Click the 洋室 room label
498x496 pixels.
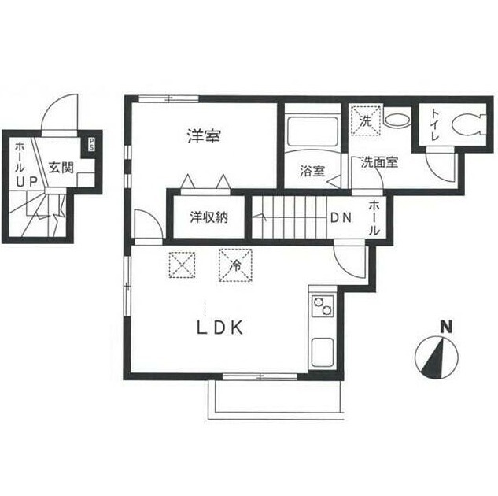point(203,137)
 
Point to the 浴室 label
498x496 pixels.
point(312,172)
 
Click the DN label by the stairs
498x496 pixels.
point(339,218)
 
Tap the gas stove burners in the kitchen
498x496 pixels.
point(323,307)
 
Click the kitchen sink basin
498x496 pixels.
point(323,350)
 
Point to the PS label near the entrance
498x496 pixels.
point(92,145)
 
